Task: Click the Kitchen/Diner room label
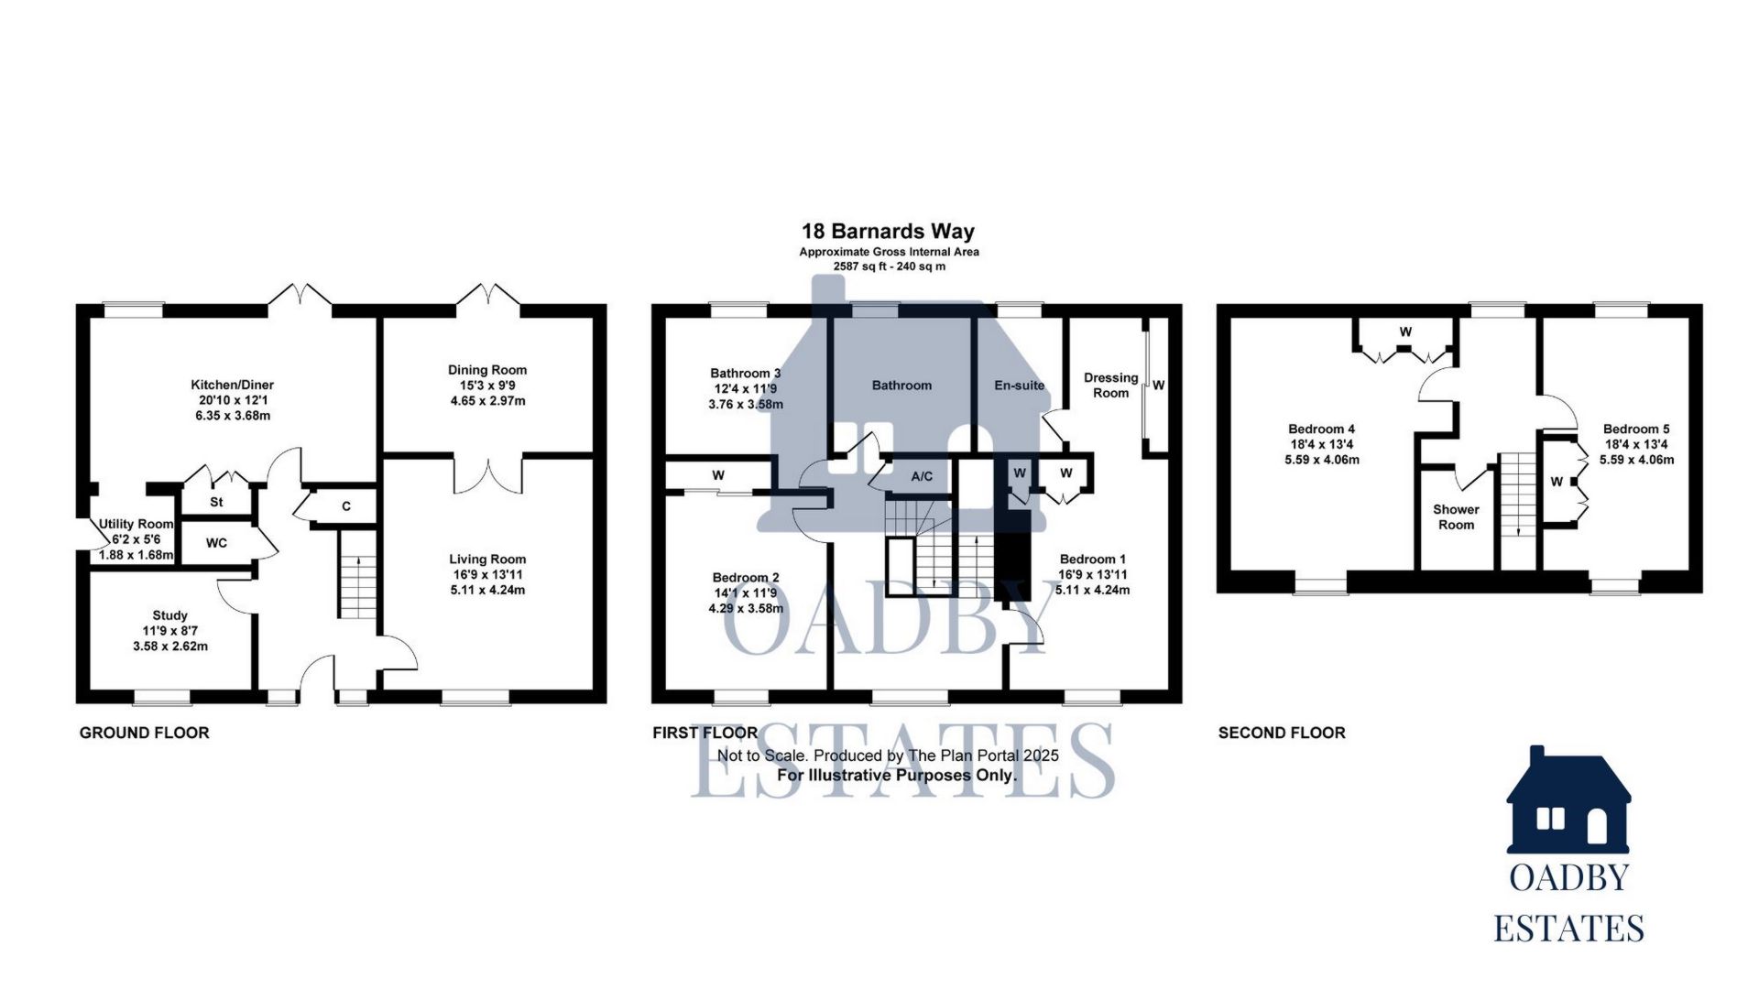[232, 386]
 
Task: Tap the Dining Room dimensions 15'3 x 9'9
[487, 386]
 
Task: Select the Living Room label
[487, 560]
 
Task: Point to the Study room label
[170, 616]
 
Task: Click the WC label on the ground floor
[216, 543]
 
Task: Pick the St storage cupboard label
[216, 503]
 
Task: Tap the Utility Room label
[136, 524]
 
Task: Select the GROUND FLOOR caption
[144, 733]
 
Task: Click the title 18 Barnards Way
[888, 232]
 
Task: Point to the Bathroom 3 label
[745, 374]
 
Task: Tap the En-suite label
[1019, 386]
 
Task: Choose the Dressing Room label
[1110, 386]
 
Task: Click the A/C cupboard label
[922, 477]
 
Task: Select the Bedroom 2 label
[746, 578]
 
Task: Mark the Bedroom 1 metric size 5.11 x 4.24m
[1092, 591]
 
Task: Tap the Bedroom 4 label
[1321, 429]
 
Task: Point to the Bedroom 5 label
[1636, 429]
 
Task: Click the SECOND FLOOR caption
[1281, 733]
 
